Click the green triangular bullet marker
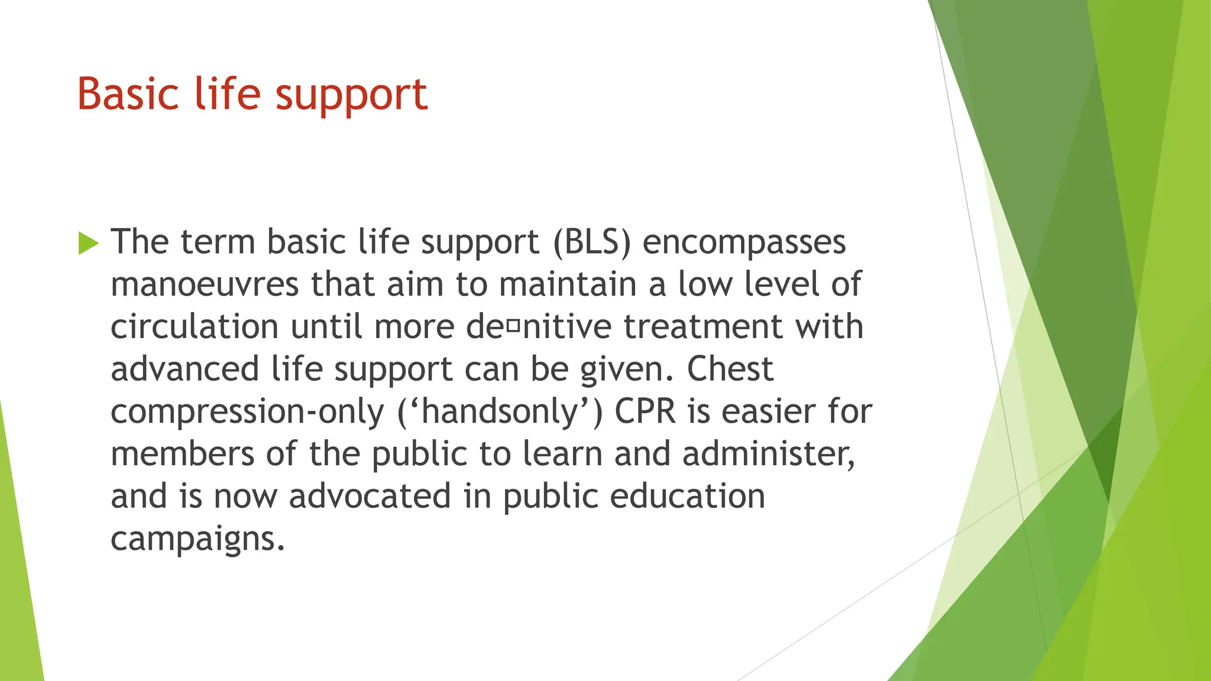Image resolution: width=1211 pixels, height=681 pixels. pyautogui.click(x=88, y=243)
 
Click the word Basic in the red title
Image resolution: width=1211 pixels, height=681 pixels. pyautogui.click(x=128, y=95)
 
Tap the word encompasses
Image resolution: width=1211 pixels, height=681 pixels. pyautogui.click(x=744, y=243)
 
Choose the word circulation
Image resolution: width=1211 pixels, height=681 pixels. pyautogui.click(x=195, y=327)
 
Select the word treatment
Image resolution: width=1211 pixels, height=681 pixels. pyautogui.click(x=703, y=327)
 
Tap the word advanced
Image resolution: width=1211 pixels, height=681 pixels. pyautogui.click(x=185, y=369)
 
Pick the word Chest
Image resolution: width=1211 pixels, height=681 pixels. pyautogui.click(x=730, y=369)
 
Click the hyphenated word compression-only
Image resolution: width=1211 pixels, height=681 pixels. pyautogui.click(x=247, y=412)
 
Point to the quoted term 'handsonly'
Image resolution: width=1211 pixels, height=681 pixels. pyautogui.click(x=500, y=412)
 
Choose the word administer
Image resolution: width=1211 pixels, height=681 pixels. pyautogui.click(x=768, y=454)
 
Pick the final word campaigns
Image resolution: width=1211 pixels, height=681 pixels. pyautogui.click(x=197, y=539)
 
